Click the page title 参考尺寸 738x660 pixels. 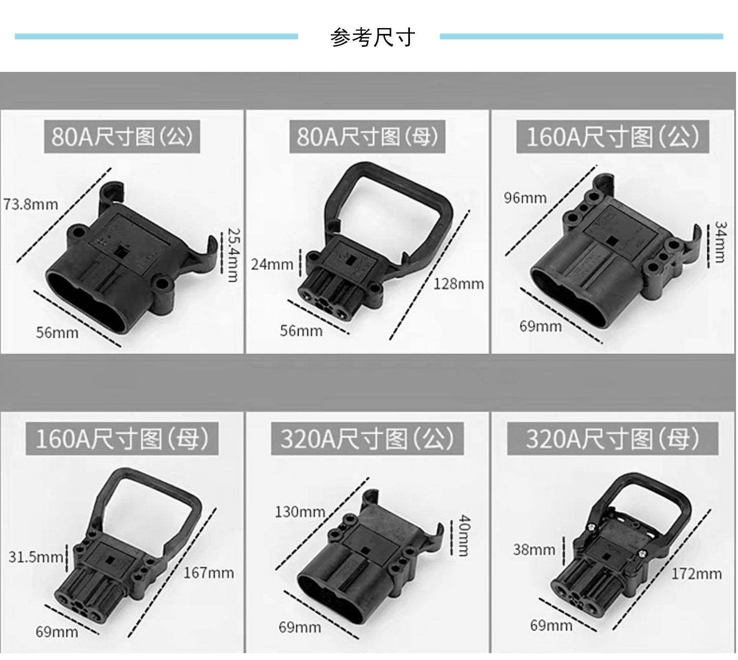[x=372, y=37]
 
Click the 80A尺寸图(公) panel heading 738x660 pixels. [x=122, y=136]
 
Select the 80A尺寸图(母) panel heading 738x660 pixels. [x=367, y=136]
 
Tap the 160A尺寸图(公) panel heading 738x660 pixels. [x=613, y=136]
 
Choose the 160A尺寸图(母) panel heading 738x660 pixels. [x=122, y=438]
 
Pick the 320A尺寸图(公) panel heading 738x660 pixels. [x=367, y=438]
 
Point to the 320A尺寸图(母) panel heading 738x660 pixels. [x=613, y=438]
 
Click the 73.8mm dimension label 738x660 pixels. [x=31, y=204]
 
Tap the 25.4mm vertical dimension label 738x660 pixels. [x=232, y=254]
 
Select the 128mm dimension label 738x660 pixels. [x=459, y=284]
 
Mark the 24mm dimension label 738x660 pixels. [x=272, y=264]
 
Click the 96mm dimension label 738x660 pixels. [x=525, y=198]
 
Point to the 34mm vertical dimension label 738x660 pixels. [x=720, y=242]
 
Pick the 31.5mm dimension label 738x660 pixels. [x=35, y=557]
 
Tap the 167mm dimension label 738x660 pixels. [x=209, y=573]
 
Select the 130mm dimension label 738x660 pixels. [x=300, y=512]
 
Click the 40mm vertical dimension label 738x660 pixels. [x=463, y=535]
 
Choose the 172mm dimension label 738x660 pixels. [x=696, y=574]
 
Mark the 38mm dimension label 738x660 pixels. [x=534, y=550]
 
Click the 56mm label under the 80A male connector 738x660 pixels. [x=57, y=333]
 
